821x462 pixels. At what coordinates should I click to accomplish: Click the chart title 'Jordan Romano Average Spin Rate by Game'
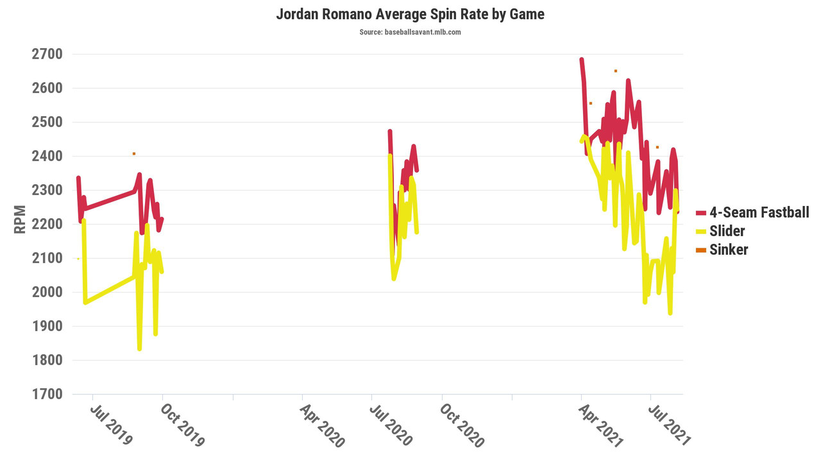(410, 14)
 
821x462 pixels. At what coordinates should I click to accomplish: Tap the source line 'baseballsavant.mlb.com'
(410, 32)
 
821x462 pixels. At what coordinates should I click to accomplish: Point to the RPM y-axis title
(21, 219)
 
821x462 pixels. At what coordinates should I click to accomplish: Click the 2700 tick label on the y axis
(47, 54)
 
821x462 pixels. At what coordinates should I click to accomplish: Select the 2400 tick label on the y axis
(47, 156)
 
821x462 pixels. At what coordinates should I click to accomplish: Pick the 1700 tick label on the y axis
(47, 394)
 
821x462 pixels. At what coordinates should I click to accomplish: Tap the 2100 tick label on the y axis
(47, 258)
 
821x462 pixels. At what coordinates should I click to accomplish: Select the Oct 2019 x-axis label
(182, 424)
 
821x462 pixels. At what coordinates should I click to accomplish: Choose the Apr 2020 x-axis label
(323, 424)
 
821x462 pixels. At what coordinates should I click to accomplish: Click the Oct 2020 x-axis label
(462, 424)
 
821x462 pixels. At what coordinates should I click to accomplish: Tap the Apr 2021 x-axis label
(601, 424)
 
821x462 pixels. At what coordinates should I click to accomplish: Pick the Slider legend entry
(727, 231)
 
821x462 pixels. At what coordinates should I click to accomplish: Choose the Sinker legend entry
(729, 250)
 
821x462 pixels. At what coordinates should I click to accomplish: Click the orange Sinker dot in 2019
(134, 153)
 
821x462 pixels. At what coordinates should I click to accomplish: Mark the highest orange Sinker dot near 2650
(615, 71)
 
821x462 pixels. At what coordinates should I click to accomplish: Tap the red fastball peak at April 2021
(582, 60)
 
